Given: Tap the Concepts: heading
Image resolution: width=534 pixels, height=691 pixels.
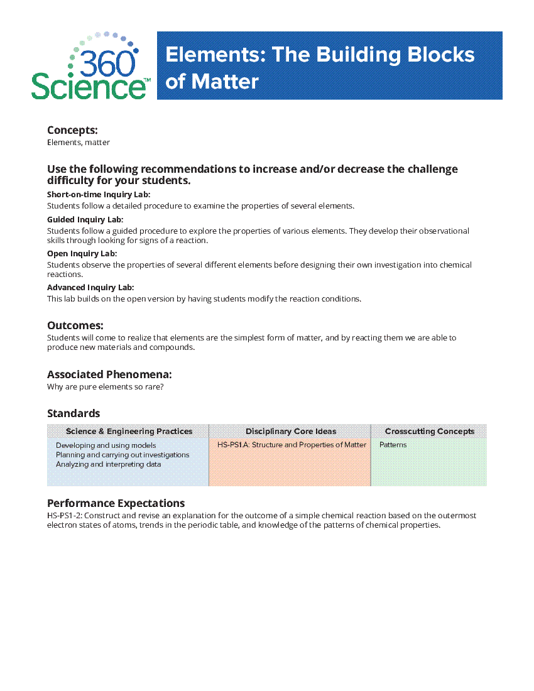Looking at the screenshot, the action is tap(72, 130).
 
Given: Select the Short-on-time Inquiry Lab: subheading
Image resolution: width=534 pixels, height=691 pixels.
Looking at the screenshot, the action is tap(99, 195).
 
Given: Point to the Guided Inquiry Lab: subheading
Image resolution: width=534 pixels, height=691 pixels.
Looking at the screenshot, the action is tap(85, 219).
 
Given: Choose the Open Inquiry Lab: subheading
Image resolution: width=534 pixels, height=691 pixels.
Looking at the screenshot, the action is tap(82, 253).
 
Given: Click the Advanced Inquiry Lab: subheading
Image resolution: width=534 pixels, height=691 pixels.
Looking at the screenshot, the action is tap(90, 287).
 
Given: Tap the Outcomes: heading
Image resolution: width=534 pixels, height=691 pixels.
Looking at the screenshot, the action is tap(75, 325).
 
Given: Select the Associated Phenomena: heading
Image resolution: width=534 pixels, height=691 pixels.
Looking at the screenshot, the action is tap(109, 374).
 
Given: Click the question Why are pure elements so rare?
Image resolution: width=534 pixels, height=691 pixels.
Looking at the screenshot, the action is tap(105, 387).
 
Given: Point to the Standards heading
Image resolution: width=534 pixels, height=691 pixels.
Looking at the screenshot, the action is tap(74, 413).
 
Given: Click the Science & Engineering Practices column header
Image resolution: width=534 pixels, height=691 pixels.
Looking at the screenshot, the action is tap(129, 432).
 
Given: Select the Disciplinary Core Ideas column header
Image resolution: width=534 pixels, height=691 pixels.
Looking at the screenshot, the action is tap(291, 432).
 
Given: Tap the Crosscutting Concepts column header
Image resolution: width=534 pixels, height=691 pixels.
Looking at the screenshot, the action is tap(430, 432).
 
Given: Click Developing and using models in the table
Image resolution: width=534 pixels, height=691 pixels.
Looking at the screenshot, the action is tap(106, 445).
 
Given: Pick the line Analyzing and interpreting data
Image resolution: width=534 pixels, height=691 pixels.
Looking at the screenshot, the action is tap(108, 464).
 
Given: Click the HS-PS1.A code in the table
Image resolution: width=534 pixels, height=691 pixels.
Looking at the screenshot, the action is tap(233, 445).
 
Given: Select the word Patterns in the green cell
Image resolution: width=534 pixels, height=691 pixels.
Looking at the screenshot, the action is tap(393, 445).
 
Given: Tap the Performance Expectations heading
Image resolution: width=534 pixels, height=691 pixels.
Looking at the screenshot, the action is tap(116, 503).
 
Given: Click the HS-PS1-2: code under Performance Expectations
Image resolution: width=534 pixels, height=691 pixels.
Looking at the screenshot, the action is tap(64, 516).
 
